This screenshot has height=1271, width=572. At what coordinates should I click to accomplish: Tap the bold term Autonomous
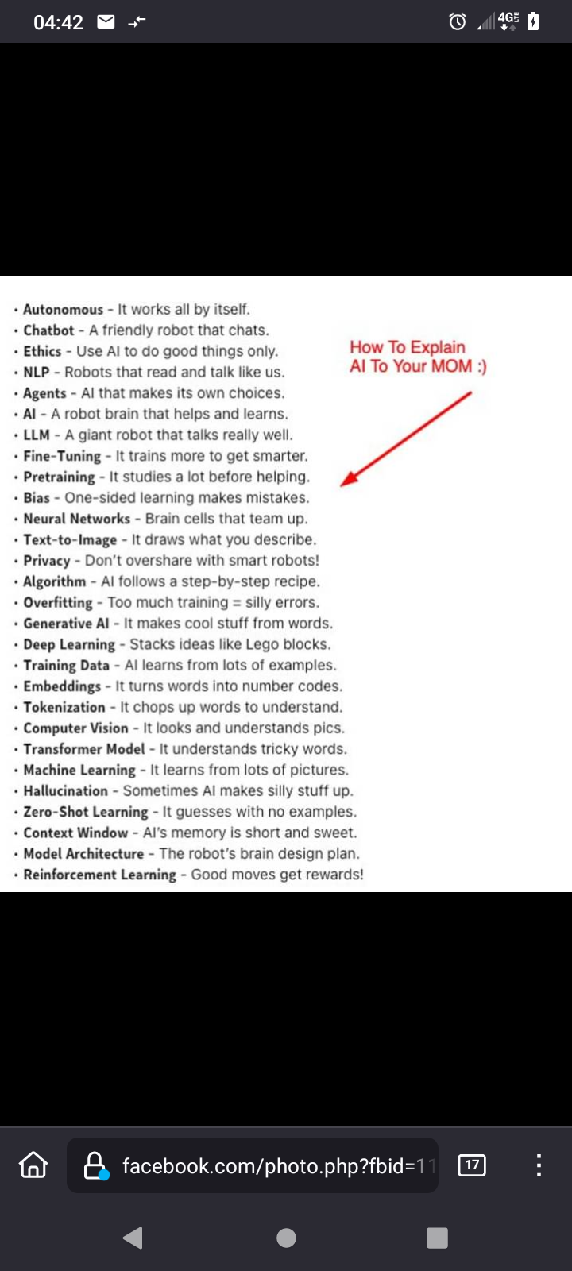63,310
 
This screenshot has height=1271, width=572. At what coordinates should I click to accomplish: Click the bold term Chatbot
48,330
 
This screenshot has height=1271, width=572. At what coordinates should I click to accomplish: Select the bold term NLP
37,373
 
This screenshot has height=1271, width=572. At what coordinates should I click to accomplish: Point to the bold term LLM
37,435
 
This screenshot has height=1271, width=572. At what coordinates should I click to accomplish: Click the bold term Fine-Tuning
62,456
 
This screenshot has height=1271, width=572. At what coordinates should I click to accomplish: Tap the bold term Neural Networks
76,519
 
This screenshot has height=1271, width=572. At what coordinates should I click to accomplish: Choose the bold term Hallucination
65,791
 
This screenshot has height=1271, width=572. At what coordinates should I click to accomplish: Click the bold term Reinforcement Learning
99,875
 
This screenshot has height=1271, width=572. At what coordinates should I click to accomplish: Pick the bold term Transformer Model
84,749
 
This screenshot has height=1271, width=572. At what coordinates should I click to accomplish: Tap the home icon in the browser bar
33,1165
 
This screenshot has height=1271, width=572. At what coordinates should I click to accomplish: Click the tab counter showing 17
472,1165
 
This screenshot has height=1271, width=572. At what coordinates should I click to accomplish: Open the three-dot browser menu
539,1165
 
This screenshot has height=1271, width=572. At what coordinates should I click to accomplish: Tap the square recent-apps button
437,1238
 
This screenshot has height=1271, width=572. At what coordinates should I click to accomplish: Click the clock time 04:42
58,22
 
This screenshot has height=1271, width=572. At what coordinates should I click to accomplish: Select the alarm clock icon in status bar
458,21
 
